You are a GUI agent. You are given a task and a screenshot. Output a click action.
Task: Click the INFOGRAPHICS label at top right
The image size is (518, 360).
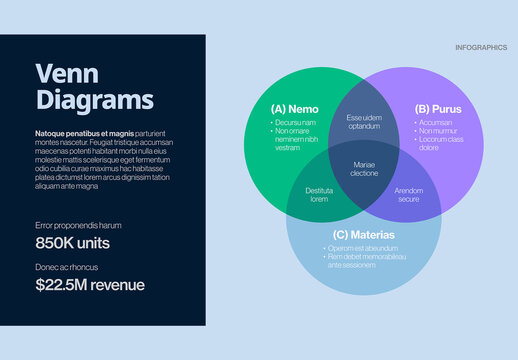(x=480, y=47)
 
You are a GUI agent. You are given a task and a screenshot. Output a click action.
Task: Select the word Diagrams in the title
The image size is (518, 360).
(x=94, y=100)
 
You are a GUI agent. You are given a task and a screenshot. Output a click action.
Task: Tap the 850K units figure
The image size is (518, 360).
(x=72, y=243)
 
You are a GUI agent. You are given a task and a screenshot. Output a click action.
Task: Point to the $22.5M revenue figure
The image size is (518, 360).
(x=90, y=285)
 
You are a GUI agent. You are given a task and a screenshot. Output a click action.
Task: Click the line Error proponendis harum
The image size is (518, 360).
(x=78, y=226)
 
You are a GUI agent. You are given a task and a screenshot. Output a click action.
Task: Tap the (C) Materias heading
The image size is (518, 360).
(x=363, y=235)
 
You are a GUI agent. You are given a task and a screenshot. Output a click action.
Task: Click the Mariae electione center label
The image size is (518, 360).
(x=364, y=169)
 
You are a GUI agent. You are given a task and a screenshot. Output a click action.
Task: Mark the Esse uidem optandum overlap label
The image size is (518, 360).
(x=364, y=122)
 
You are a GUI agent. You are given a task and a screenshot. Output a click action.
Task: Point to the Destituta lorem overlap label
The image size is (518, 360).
(x=319, y=194)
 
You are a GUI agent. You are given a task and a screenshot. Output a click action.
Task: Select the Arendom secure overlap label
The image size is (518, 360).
(x=408, y=194)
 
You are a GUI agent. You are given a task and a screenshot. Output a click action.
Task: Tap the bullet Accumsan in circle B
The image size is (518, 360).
(x=435, y=123)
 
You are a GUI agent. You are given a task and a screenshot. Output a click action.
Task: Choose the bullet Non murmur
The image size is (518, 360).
(x=438, y=131)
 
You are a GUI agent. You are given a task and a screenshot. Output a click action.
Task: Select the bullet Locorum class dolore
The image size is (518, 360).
(x=440, y=143)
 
